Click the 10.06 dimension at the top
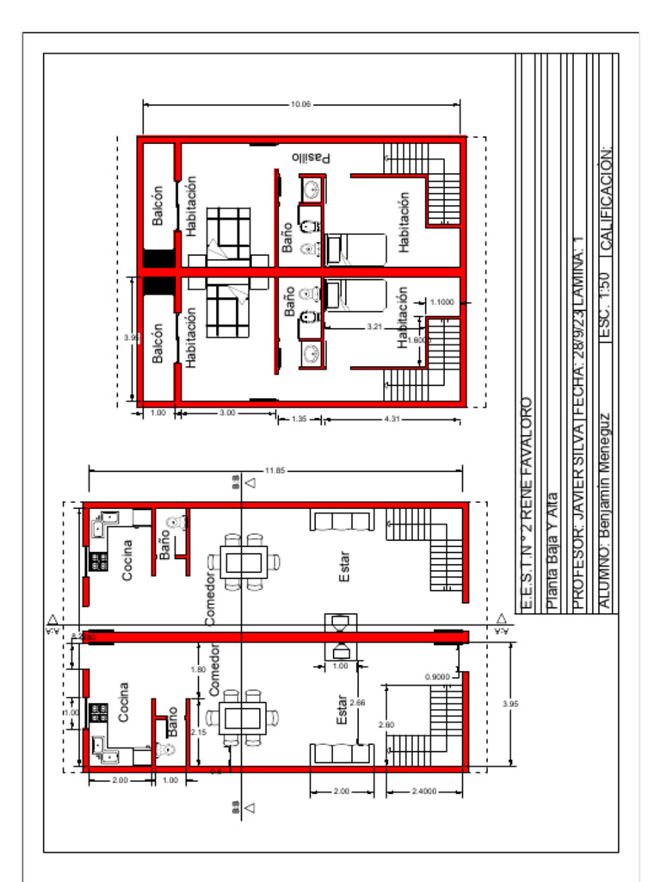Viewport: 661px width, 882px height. click(x=300, y=104)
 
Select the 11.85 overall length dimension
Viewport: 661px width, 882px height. click(x=275, y=470)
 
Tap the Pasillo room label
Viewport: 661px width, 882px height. click(x=312, y=157)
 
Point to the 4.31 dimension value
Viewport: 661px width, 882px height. click(x=392, y=419)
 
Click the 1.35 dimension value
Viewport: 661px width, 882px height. click(x=300, y=419)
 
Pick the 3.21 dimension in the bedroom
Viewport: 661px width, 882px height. click(x=374, y=326)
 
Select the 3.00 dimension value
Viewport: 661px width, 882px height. click(x=227, y=413)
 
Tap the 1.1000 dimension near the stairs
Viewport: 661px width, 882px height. click(x=442, y=302)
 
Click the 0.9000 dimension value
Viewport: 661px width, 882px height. click(x=437, y=677)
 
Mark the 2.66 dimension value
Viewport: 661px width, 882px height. click(x=357, y=703)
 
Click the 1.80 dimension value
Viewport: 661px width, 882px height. click(x=197, y=669)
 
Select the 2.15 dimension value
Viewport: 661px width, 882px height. click(x=197, y=732)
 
